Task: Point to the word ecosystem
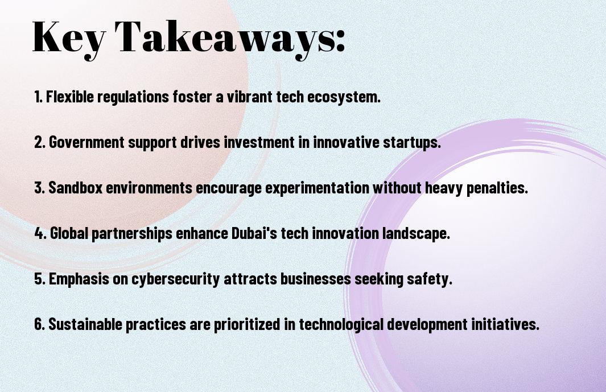click(344, 97)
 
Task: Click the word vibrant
click(249, 96)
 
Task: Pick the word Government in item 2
click(86, 142)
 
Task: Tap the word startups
click(412, 143)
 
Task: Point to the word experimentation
click(318, 188)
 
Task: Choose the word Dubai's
click(254, 233)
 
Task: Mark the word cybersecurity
click(176, 279)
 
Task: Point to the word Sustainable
click(85, 324)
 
